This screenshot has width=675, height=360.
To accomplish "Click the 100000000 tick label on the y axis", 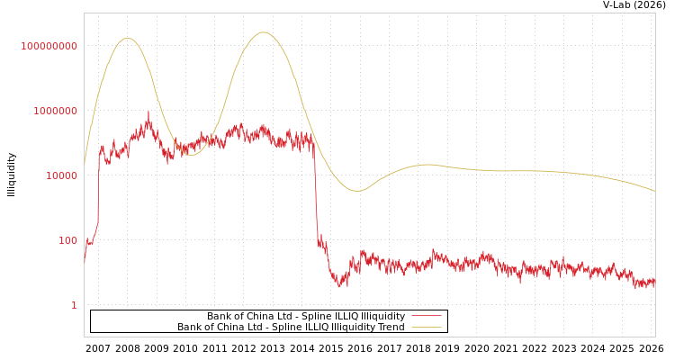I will pyautogui.click(x=49, y=46).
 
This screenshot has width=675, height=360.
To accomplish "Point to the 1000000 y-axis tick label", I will pyautogui.click(x=56, y=111).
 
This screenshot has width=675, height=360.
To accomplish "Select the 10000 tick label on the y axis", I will pyautogui.click(x=62, y=175).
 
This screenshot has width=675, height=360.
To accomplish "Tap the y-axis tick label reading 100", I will pyautogui.click(x=68, y=240).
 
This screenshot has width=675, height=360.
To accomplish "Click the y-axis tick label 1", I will pyautogui.click(x=75, y=305).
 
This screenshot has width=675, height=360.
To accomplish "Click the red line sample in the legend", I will pyautogui.click(x=427, y=317).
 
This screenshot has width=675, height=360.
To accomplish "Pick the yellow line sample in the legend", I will pyautogui.click(x=427, y=328).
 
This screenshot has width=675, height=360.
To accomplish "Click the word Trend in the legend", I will pyautogui.click(x=390, y=328).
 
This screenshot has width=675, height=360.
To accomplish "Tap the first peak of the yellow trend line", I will pyautogui.click(x=127, y=39).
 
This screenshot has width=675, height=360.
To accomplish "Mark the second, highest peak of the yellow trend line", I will pyautogui.click(x=264, y=32).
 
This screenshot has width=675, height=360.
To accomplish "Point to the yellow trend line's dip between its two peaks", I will pyautogui.click(x=191, y=155).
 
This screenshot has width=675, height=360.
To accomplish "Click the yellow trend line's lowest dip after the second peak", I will pyautogui.click(x=357, y=191).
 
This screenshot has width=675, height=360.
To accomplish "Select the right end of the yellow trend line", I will pyautogui.click(x=654, y=191).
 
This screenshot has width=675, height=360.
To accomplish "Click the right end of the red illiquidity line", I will pyautogui.click(x=654, y=283).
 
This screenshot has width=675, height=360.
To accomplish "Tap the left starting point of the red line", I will pyautogui.click(x=85, y=262).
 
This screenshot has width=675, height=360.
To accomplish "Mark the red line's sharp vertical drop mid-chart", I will pyautogui.click(x=316, y=198).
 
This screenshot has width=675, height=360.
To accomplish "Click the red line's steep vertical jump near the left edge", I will pyautogui.click(x=98, y=189).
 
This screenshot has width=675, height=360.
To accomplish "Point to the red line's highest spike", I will pyautogui.click(x=148, y=112).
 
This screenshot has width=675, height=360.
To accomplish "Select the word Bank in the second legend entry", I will pyautogui.click(x=191, y=328).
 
